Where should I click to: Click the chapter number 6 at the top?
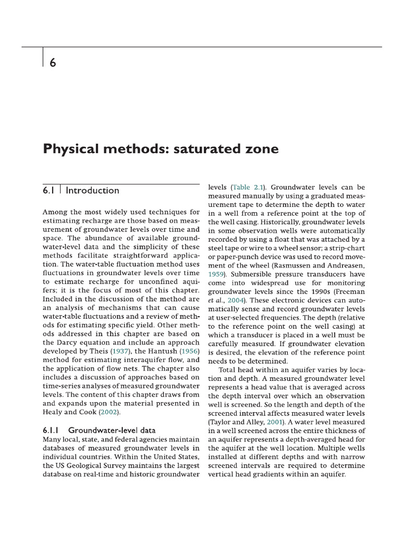[53, 62]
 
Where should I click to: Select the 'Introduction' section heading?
[92, 190]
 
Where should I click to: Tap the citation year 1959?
[217, 273]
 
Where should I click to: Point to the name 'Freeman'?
[349, 291]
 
